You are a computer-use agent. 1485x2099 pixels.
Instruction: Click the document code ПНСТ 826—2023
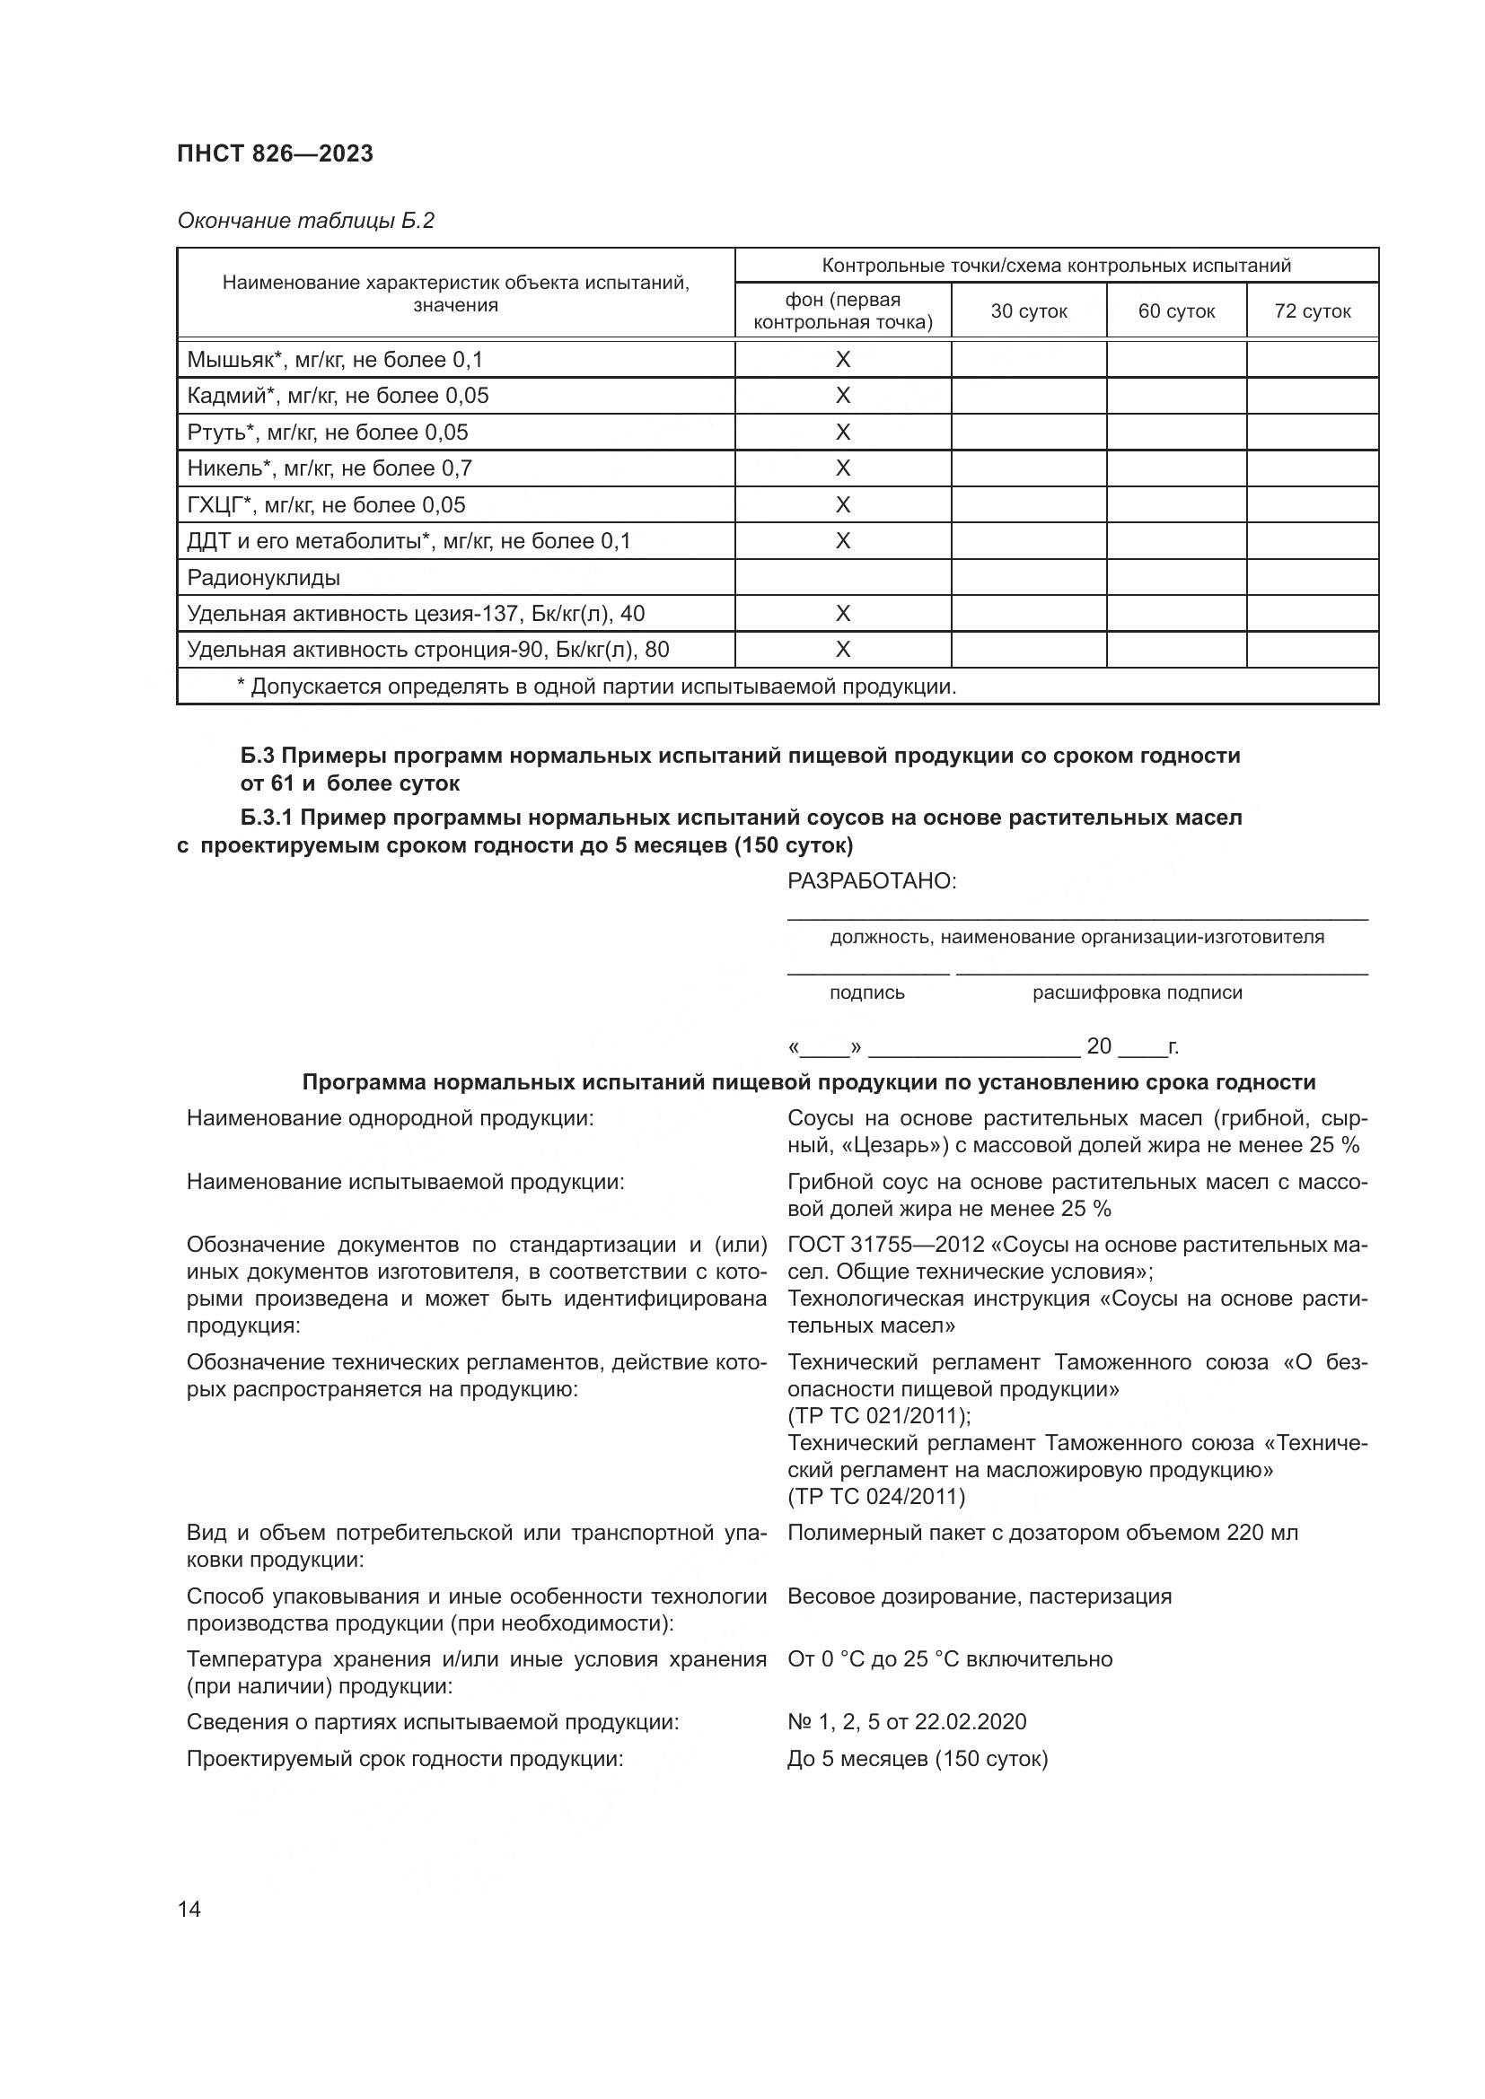(x=276, y=153)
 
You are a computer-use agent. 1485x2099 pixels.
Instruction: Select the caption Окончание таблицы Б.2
(x=305, y=221)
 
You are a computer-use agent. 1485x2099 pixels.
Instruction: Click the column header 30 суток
(x=1029, y=310)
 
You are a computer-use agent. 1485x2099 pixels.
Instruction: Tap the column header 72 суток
(x=1313, y=310)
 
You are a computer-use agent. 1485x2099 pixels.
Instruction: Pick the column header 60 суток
(x=1176, y=310)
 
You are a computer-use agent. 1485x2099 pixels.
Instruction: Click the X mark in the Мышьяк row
(x=842, y=359)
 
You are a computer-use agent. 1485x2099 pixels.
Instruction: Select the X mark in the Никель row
(x=842, y=468)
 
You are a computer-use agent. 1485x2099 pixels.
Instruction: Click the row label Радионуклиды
(x=263, y=578)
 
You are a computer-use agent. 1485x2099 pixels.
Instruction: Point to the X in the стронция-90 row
(x=842, y=650)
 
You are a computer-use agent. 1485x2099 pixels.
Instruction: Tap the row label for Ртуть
(x=328, y=433)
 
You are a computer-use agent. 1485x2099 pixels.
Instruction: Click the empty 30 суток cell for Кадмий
(x=1029, y=396)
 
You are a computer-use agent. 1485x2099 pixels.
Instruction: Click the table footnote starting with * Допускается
(x=596, y=687)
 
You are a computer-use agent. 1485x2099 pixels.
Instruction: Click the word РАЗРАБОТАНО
(x=872, y=881)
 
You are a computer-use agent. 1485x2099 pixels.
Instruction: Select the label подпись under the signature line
(x=867, y=993)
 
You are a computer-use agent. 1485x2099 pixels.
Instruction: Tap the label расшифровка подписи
(x=1138, y=993)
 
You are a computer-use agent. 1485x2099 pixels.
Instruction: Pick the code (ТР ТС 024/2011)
(x=876, y=1497)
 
